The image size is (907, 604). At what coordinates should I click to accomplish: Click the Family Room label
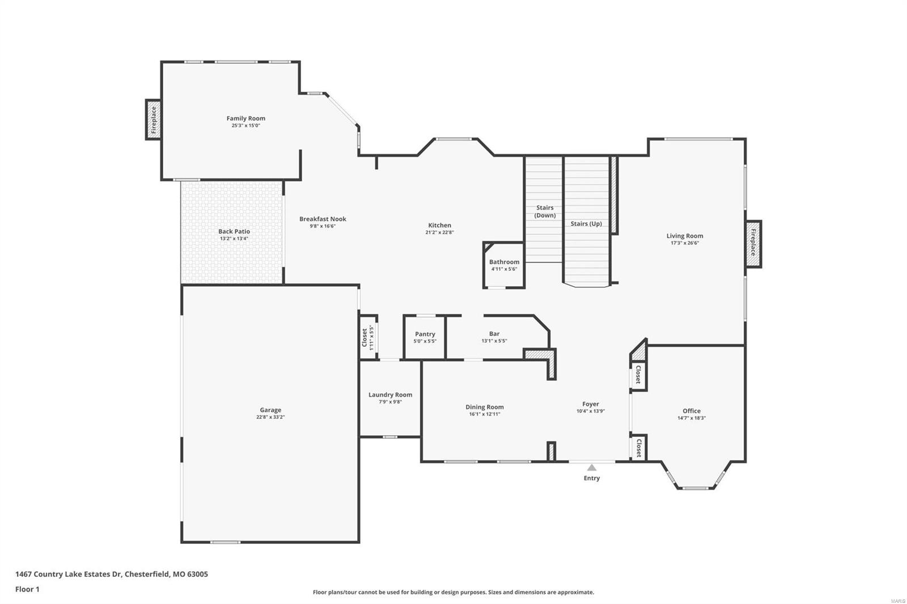coord(245,118)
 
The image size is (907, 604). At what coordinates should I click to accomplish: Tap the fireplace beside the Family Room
coord(153,120)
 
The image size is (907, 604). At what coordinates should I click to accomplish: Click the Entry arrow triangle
coord(592,467)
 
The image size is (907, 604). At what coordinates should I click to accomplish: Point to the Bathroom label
coord(504,262)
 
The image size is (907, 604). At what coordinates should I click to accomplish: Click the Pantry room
coord(425,337)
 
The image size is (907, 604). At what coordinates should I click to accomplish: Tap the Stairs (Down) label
coord(545,211)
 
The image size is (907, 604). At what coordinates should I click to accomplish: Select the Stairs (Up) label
coord(586,224)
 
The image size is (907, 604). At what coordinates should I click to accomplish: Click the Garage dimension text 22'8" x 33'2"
coord(270,417)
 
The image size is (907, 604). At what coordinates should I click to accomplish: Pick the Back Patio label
coord(234,231)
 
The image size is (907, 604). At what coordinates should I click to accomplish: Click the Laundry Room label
coord(390,395)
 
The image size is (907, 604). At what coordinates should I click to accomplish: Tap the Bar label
coord(494,334)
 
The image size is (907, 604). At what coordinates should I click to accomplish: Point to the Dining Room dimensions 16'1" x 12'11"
coord(484,414)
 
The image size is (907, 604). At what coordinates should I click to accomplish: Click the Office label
coord(691,411)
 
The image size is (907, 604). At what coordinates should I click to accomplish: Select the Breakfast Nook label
coord(323,219)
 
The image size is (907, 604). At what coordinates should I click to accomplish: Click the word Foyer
coord(591,404)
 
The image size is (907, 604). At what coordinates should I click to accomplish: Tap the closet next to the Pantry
coord(368,338)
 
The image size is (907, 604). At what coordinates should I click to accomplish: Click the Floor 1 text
coord(27,589)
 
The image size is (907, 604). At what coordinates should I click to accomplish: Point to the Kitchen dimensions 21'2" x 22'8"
coord(439,232)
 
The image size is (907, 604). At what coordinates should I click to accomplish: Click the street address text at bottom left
coord(112,574)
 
